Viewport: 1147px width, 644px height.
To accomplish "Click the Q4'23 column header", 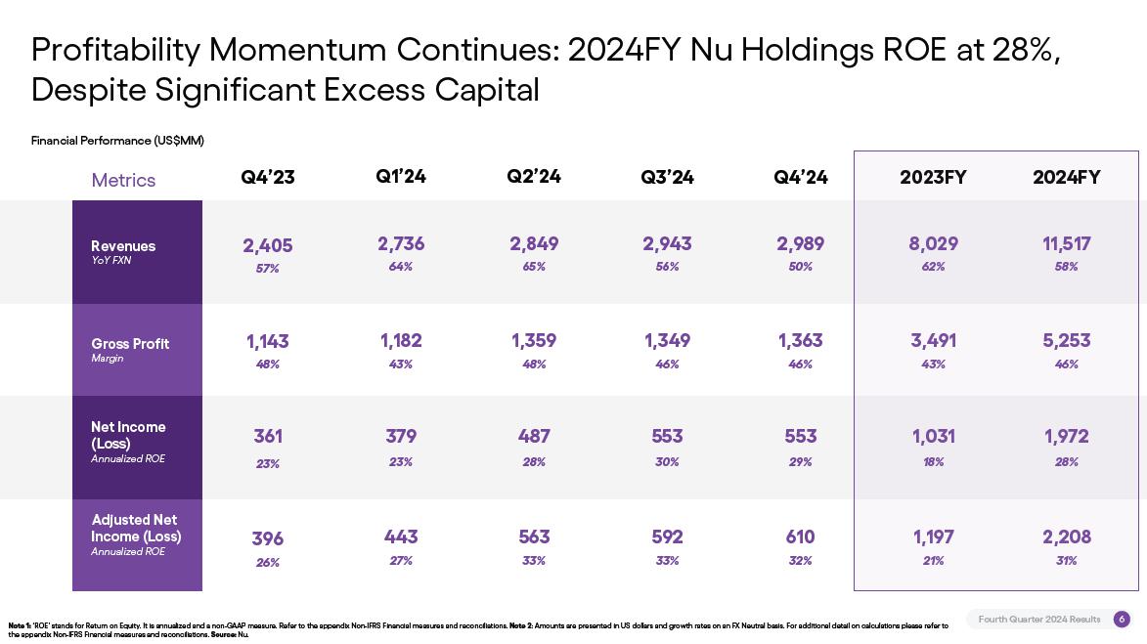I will (268, 177).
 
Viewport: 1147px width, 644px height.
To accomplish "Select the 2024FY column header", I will (1066, 177).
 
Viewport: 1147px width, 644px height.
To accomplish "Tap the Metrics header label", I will (123, 180).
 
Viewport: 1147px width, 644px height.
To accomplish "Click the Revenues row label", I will (123, 246).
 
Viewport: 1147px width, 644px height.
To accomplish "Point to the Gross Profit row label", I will (130, 344).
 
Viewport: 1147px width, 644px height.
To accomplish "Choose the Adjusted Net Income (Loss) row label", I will (136, 528).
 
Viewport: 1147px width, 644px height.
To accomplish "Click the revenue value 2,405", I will (268, 245).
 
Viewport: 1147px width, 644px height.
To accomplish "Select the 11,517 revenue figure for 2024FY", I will (1066, 243).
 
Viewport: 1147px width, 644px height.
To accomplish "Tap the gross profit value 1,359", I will (534, 340).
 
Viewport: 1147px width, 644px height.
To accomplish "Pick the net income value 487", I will (534, 436).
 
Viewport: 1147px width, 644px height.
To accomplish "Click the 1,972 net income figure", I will (1066, 436).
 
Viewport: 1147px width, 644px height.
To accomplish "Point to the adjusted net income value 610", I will (800, 537).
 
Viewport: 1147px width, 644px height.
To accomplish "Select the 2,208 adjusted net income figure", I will (1066, 537).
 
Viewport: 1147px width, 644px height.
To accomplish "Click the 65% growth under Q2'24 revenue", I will (534, 267).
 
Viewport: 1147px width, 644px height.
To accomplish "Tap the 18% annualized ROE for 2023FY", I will (933, 462).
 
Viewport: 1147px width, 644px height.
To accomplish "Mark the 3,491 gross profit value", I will (933, 340).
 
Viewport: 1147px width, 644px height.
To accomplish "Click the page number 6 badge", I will (1122, 619).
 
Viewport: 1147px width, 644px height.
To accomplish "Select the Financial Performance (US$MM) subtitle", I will (117, 141).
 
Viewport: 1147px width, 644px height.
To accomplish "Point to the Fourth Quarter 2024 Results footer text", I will (1038, 619).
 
